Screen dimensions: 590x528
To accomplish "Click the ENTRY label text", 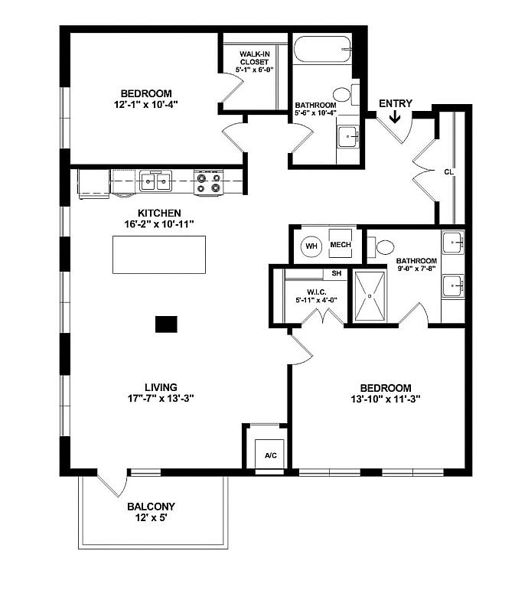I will (395, 103).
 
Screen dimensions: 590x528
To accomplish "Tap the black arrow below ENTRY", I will (395, 117).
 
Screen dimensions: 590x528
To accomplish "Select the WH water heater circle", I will (311, 246).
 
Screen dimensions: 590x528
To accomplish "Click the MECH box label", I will (340, 246).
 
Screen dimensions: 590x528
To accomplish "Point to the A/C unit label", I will (270, 455).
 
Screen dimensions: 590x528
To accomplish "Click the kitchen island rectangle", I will (159, 255).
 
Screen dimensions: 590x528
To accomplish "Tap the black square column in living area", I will (166, 324).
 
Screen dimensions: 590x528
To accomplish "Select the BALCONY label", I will (151, 507).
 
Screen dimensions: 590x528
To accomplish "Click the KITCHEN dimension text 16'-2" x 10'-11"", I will (159, 225).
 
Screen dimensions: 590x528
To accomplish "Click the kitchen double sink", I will (155, 182).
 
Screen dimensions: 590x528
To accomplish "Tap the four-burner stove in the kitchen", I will (208, 183).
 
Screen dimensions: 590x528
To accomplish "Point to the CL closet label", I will (448, 172).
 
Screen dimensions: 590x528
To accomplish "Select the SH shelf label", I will (336, 273).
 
